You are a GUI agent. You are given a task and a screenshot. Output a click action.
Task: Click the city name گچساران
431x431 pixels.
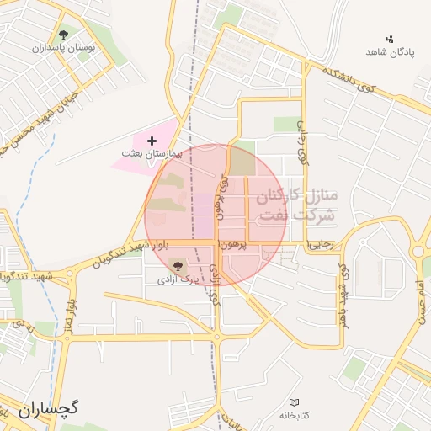tap(47, 410)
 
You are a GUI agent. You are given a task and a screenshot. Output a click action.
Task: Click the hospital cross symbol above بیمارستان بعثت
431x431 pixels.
tap(152, 140)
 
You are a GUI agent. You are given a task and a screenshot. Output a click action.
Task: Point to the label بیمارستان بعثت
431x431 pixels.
tap(152, 156)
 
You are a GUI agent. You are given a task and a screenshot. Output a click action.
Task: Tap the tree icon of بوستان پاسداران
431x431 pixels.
tap(64, 35)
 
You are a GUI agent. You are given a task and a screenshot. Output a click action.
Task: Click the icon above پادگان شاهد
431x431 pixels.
tap(389, 38)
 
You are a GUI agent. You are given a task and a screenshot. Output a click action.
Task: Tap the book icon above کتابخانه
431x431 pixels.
tap(294, 402)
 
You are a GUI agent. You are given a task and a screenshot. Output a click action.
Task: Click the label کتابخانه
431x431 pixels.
tap(295, 416)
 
